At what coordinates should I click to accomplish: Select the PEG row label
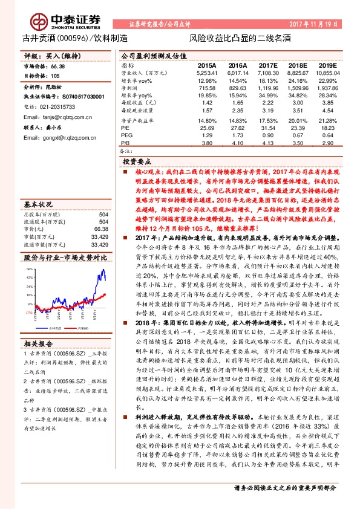(x=126, y=135)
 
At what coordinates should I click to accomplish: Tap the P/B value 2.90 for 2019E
(x=327, y=143)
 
